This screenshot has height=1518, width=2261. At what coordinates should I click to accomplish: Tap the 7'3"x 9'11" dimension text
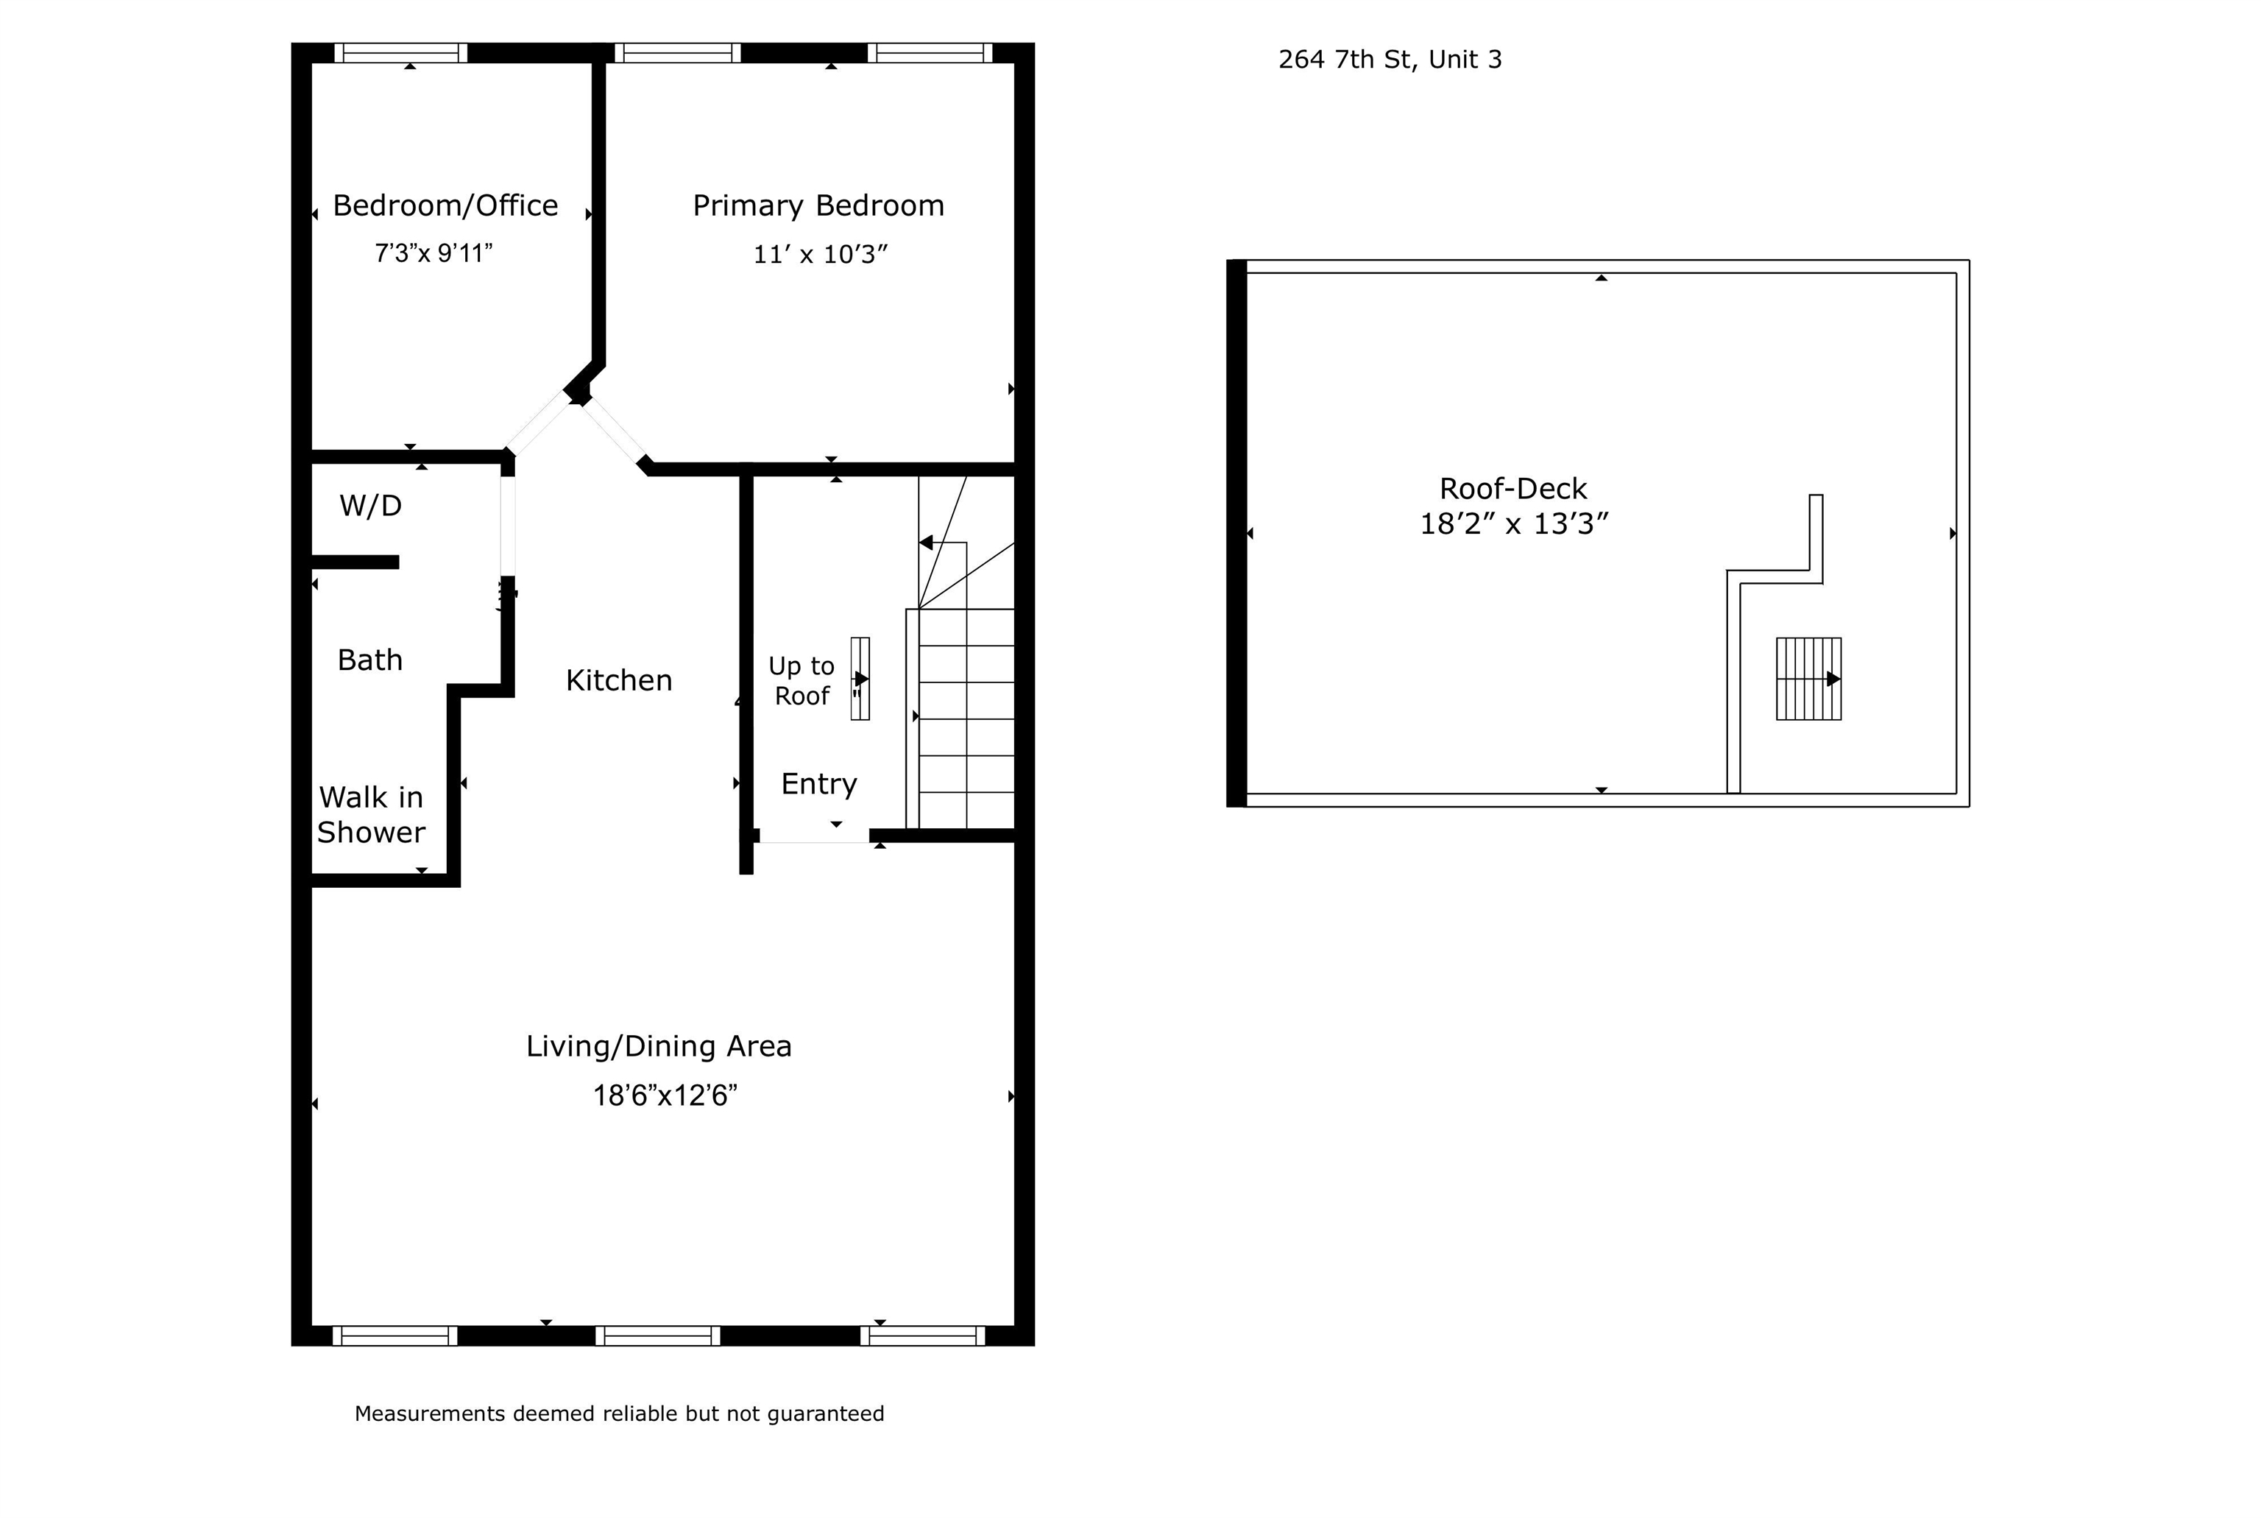(x=434, y=254)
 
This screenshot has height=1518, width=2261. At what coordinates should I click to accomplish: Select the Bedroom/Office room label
(x=445, y=205)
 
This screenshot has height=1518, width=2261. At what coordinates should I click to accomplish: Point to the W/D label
(x=371, y=505)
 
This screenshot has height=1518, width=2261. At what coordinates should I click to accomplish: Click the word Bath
(x=369, y=660)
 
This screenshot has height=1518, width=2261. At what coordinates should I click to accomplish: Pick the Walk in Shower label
(x=372, y=815)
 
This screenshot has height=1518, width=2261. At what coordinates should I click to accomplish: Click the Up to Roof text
(x=802, y=680)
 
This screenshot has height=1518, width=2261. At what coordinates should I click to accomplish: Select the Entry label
(x=819, y=784)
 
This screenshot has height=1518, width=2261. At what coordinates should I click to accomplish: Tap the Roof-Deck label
(x=1512, y=488)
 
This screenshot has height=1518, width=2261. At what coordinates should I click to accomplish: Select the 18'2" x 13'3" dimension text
(x=1514, y=523)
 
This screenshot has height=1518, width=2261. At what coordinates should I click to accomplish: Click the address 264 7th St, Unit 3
(x=1390, y=60)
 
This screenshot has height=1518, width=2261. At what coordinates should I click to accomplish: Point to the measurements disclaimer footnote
(x=620, y=1413)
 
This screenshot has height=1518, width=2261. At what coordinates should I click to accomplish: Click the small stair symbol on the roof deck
(x=1808, y=679)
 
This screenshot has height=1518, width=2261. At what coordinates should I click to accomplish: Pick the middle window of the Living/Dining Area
(x=658, y=1336)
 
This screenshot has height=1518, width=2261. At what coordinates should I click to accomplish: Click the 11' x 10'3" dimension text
(x=821, y=255)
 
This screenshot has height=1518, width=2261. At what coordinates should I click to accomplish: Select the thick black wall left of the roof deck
(x=1236, y=534)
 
